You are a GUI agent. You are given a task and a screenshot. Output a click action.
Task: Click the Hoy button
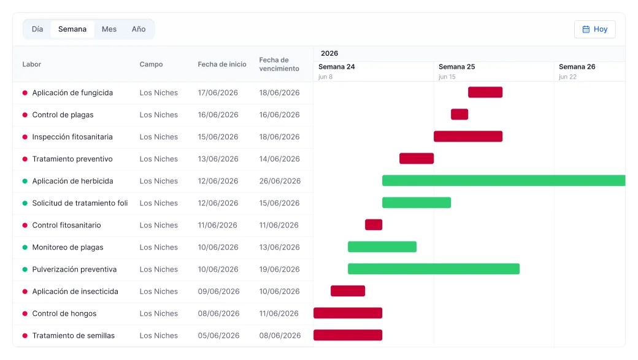tap(594, 29)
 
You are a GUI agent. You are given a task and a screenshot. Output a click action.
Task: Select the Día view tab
tap(37, 29)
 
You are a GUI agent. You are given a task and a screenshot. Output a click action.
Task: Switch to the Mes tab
tap(109, 29)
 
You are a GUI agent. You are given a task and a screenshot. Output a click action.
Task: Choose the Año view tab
tap(139, 29)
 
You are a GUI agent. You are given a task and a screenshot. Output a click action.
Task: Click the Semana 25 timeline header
tap(456, 67)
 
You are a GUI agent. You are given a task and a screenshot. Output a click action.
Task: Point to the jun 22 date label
tap(567, 77)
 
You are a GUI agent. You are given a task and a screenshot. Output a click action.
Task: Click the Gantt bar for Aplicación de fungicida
tap(485, 93)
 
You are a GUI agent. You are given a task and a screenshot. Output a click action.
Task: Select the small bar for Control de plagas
tap(459, 114)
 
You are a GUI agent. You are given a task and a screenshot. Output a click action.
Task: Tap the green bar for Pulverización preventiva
tap(434, 269)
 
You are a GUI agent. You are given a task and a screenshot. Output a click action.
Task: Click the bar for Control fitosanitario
tap(374, 224)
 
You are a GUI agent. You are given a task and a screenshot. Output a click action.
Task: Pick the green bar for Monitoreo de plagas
tap(382, 247)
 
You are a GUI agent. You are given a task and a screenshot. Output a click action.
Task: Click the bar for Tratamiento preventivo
tap(417, 159)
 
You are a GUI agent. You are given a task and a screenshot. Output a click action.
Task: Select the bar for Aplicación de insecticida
tap(348, 291)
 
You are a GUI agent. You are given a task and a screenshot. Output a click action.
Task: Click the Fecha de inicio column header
tap(222, 64)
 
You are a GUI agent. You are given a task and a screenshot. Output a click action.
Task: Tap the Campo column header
tap(151, 64)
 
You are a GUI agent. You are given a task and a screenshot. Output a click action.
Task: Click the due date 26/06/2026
tap(280, 181)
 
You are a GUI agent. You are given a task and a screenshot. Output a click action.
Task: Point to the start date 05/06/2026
tap(218, 335)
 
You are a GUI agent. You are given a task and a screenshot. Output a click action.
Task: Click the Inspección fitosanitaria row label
tap(72, 137)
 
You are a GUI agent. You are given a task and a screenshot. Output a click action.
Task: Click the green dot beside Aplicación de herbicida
tap(25, 181)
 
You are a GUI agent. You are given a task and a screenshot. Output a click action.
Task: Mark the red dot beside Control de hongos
tap(25, 313)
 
